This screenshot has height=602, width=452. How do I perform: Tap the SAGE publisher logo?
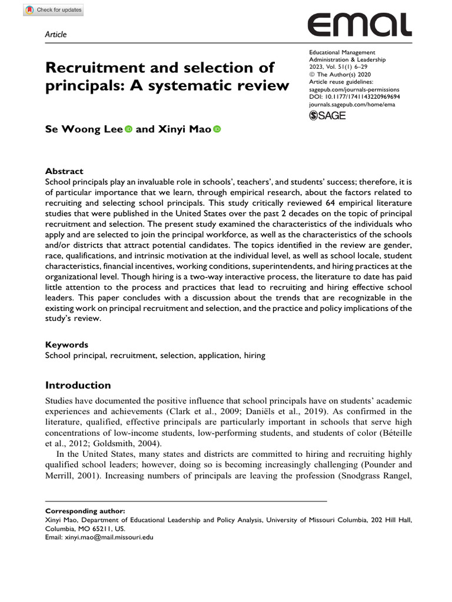[x=327, y=115]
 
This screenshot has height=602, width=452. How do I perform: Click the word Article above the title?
[x=56, y=35]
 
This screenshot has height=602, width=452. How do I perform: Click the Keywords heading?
[x=67, y=345]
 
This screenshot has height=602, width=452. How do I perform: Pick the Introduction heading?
[x=78, y=386]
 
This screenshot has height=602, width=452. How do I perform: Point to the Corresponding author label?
[x=85, y=511]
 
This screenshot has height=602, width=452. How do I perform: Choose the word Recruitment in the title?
[x=92, y=66]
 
